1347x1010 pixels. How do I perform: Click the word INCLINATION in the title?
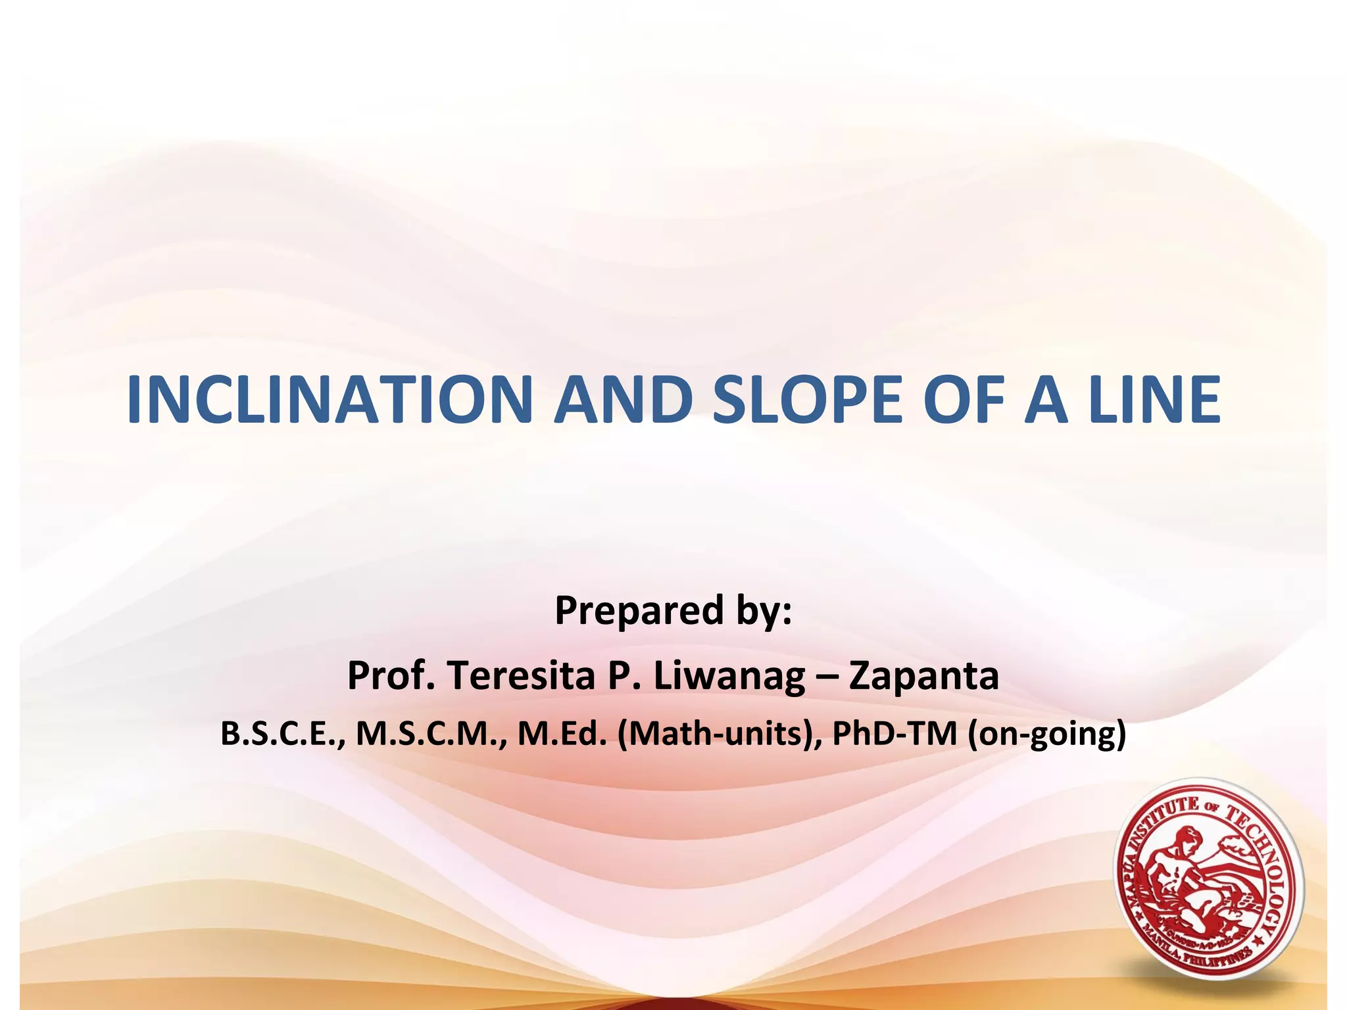[329, 400]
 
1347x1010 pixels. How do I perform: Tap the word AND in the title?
[623, 400]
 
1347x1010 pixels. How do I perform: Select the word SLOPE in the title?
[807, 400]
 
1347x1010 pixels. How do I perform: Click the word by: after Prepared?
[764, 611]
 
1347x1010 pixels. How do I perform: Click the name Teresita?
[520, 675]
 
